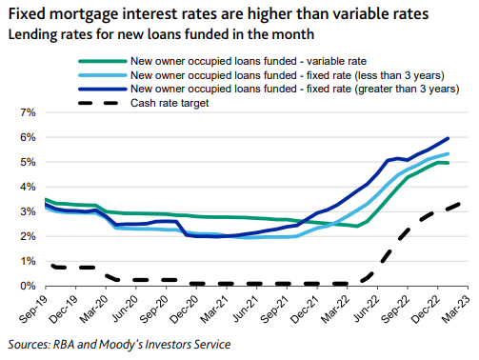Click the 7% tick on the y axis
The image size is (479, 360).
point(26,112)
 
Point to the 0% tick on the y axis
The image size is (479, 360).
point(26,286)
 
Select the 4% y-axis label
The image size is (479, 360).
point(26,187)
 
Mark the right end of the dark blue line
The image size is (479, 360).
point(449,138)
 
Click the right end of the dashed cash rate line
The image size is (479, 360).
point(464,202)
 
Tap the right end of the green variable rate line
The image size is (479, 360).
point(449,163)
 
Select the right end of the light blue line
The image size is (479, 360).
point(449,153)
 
